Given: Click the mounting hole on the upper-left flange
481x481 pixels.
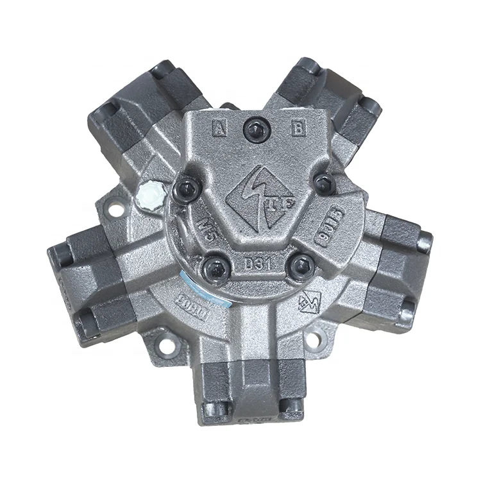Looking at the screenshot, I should click(x=115, y=208).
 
